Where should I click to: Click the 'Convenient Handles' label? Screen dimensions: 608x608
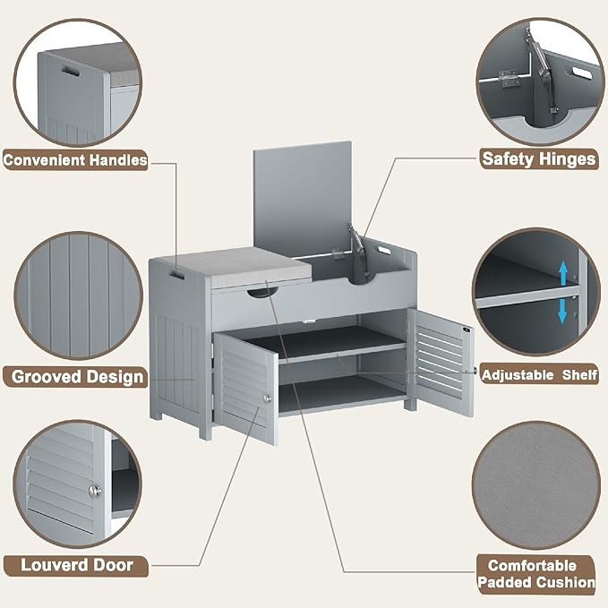point(75,160)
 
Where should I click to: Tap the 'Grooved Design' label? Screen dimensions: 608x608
point(76,376)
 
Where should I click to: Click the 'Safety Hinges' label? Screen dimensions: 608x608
point(537,158)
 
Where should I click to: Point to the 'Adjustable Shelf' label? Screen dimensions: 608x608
point(539,374)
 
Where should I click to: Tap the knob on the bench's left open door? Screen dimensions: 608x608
point(266,398)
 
